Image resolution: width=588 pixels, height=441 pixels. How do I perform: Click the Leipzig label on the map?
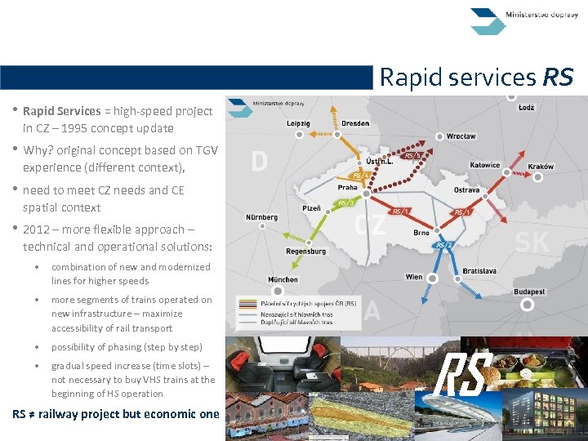click(x=298, y=122)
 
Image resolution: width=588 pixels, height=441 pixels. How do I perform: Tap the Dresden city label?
click(x=355, y=123)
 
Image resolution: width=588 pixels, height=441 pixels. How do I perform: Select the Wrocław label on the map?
click(x=461, y=136)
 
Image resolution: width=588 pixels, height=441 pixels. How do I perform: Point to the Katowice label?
click(x=485, y=165)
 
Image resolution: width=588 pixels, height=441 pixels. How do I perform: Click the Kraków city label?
click(x=541, y=167)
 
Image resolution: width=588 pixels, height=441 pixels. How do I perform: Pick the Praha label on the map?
click(x=348, y=187)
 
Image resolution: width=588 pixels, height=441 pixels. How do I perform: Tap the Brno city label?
click(x=421, y=233)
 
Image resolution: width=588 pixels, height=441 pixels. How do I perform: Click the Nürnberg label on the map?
click(x=262, y=217)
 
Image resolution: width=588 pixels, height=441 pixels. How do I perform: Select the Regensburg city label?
click(x=305, y=252)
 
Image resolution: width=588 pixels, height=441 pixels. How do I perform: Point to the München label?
click(x=283, y=279)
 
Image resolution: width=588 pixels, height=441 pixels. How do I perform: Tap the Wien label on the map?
click(x=414, y=277)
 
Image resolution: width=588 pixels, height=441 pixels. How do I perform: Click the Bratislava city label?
click(x=479, y=270)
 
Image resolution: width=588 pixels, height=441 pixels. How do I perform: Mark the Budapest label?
click(x=529, y=292)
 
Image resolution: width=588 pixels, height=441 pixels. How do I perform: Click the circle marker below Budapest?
click(x=528, y=305)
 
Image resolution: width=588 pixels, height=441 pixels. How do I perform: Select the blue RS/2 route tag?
click(x=444, y=244)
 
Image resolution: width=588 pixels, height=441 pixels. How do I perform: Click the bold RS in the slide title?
click(x=559, y=78)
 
